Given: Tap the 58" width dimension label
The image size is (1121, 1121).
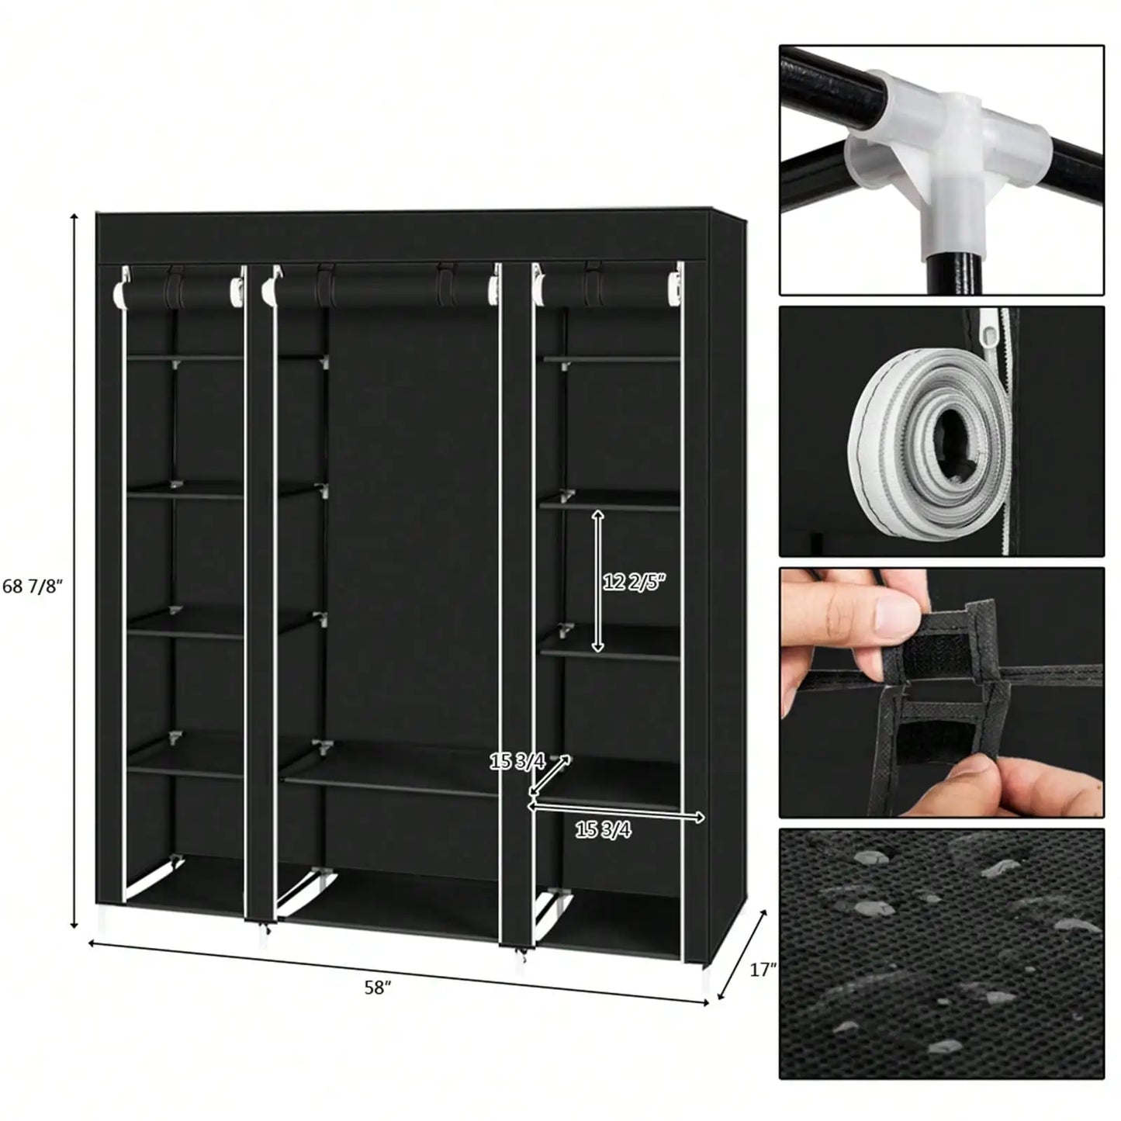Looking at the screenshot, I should pos(378,988).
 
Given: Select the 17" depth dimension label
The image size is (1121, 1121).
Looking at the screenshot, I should pos(763,969).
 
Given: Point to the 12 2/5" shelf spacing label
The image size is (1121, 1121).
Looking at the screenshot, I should pos(635,582).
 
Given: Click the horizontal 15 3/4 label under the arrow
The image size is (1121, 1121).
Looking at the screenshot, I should pos(603,830).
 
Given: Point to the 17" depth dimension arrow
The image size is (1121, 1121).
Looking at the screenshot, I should pos(742,955).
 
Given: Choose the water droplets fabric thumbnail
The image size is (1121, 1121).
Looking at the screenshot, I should pos(941,953).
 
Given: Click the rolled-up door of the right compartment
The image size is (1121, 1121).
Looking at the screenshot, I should pos(605,289).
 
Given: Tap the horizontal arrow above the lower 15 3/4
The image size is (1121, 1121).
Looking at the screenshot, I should pos(617,812).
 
